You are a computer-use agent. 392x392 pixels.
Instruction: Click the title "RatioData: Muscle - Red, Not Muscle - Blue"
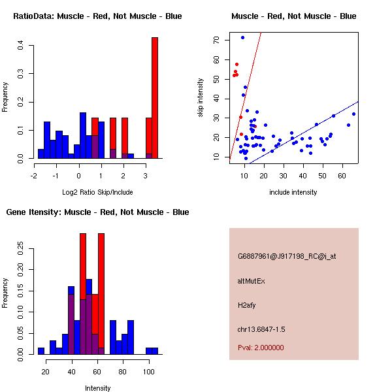pyautogui.click(x=98, y=16)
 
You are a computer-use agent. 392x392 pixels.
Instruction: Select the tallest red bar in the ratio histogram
pyautogui.click(x=155, y=98)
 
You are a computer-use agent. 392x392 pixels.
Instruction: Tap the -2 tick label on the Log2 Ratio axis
pyautogui.click(x=34, y=175)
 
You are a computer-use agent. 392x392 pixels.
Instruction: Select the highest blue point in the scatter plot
pyautogui.click(x=242, y=37)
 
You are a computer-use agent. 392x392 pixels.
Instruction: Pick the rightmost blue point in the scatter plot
pyautogui.click(x=353, y=114)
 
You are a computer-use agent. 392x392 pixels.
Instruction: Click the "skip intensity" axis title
pyautogui.click(x=201, y=97)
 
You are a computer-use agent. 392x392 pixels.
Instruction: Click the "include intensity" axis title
pyautogui.click(x=293, y=192)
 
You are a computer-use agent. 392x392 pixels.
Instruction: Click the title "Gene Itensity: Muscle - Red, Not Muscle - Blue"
pyautogui.click(x=98, y=212)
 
